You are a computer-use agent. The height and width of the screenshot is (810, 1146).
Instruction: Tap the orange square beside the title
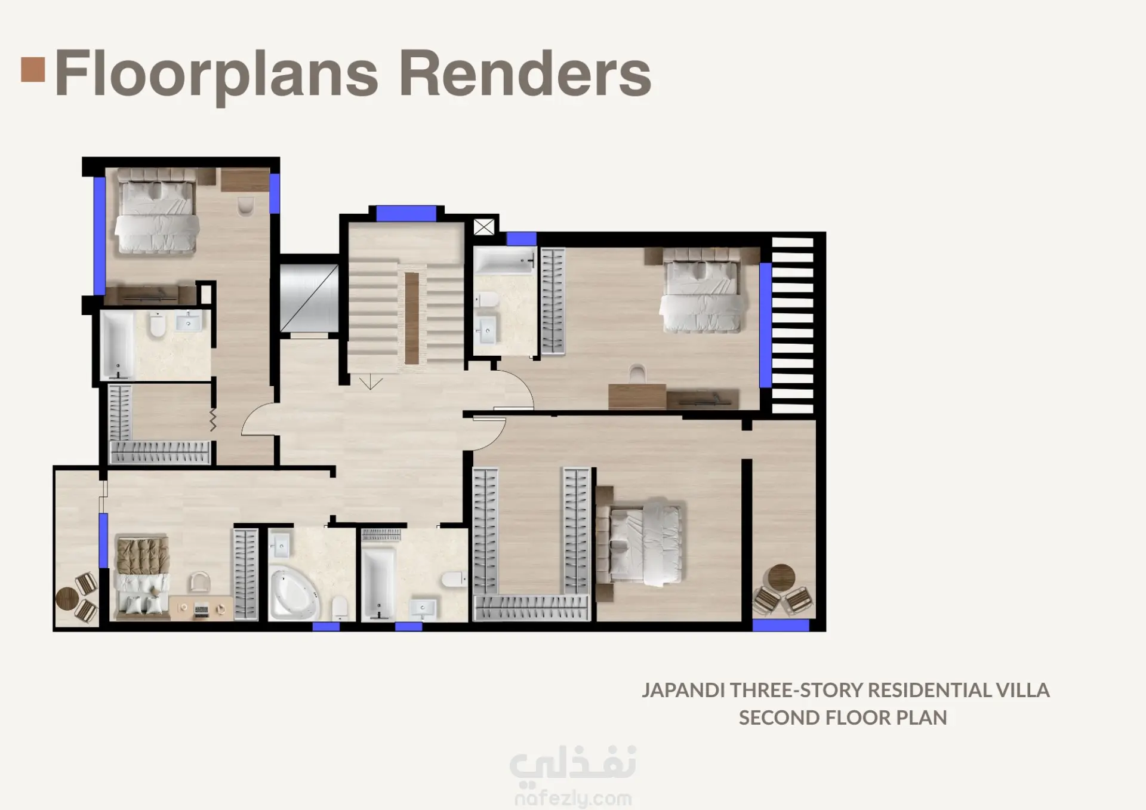33,69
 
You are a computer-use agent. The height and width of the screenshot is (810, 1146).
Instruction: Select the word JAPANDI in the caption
683,690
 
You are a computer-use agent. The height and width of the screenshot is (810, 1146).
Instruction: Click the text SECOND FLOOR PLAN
843,717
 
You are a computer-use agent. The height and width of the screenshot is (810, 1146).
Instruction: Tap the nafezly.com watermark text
572,799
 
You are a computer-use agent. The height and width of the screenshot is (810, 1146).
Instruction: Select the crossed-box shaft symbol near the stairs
484,227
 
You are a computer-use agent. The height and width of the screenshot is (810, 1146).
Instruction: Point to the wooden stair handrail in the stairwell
412,318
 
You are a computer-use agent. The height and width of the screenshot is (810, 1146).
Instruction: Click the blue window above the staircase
406,213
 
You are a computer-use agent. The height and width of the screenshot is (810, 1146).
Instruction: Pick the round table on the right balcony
781,577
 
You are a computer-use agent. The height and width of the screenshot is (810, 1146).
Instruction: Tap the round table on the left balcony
67,599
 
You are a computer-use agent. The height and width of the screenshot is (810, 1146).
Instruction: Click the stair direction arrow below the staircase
371,381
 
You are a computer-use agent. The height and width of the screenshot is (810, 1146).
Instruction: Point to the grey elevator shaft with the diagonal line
309,298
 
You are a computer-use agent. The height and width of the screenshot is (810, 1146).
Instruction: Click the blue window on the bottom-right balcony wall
781,625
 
